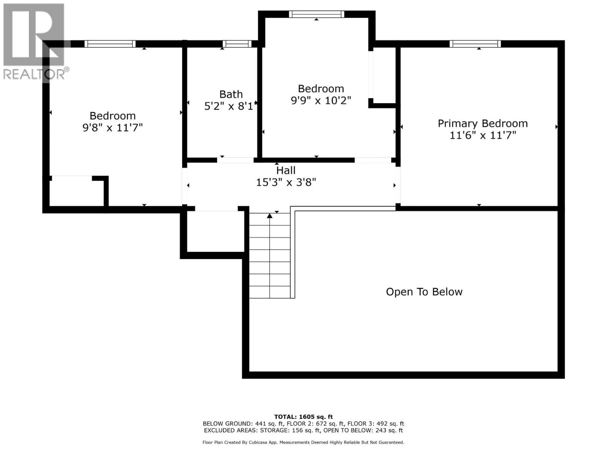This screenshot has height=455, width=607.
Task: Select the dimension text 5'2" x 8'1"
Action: (230, 106)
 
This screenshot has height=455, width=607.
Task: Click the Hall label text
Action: (286, 170)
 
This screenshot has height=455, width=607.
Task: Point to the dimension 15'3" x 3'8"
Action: (286, 182)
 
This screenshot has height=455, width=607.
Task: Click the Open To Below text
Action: (424, 292)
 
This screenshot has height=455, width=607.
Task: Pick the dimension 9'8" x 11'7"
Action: (113, 127)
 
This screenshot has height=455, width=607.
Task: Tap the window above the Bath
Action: (237, 44)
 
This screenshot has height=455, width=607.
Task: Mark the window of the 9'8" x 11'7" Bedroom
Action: (110, 44)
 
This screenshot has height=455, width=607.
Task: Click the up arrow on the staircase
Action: (270, 216)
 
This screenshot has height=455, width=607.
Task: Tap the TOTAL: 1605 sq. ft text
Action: (303, 417)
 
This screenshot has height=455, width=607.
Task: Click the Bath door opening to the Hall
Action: (235, 160)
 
